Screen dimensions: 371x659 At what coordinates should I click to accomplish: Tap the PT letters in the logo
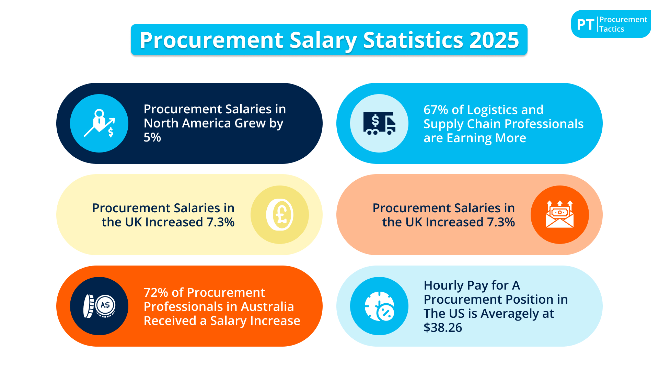point(585,25)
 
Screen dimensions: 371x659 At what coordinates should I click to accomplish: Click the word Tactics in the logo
point(612,29)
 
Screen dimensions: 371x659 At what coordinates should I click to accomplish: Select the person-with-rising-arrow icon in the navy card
point(99,123)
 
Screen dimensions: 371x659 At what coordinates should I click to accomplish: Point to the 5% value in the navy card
point(152,137)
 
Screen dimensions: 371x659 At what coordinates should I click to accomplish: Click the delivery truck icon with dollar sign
point(379,123)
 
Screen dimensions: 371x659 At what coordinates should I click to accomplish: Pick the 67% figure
point(436,110)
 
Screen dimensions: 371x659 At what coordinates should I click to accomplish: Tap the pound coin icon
point(280,215)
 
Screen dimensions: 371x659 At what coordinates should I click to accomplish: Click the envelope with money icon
point(560,215)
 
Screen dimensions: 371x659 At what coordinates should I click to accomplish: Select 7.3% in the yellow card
point(220,222)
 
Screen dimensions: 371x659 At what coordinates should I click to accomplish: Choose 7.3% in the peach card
point(501,222)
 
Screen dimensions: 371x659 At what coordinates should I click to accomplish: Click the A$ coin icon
point(99,306)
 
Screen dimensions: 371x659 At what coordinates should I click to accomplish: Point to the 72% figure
point(155,293)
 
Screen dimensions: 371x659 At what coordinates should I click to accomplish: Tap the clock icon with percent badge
point(379,306)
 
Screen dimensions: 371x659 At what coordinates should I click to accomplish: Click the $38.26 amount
point(443,328)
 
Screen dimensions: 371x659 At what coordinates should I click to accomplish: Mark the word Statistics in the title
point(413,40)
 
